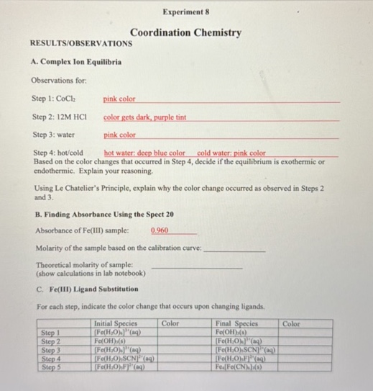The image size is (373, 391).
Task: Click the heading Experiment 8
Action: pos(185,12)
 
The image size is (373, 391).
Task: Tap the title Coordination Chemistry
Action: pos(185,33)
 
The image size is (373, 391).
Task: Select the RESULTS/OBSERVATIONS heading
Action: pos(80,44)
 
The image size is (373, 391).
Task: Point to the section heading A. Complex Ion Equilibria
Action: pos(76,63)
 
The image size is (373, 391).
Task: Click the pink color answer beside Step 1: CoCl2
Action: pos(119,99)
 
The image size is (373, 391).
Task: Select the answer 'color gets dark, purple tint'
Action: pos(144,117)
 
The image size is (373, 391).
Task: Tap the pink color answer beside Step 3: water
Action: pos(119,135)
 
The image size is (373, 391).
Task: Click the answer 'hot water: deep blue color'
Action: pos(144,153)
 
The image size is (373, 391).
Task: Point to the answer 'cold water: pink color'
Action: pos(231,153)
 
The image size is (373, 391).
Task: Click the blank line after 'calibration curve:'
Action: pos(234,248)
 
